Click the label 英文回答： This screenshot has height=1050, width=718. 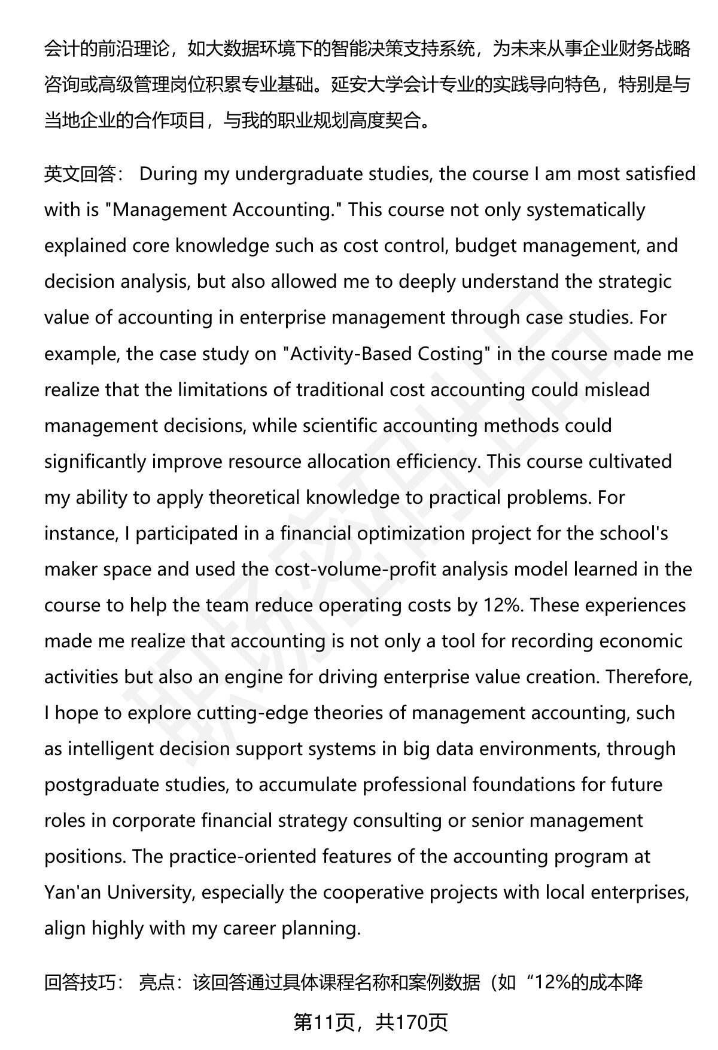(x=84, y=174)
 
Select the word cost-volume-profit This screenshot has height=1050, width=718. (x=356, y=569)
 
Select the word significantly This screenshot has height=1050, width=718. (x=95, y=461)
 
